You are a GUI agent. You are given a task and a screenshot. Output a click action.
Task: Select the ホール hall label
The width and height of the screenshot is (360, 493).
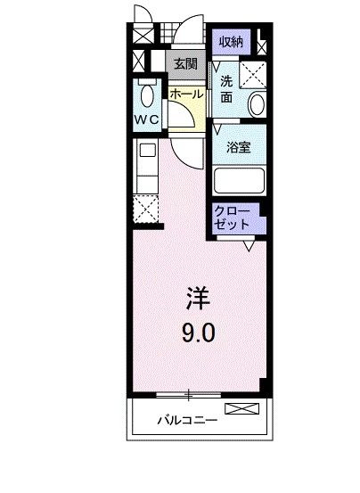186,93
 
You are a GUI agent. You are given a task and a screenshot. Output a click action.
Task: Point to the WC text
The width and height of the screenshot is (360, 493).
148,119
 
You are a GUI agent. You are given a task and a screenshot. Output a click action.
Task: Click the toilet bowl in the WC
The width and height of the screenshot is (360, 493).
149,94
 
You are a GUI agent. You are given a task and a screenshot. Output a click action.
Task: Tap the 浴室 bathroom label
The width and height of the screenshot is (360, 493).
238,146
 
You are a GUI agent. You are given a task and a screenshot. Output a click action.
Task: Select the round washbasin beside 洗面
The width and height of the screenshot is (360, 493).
257,104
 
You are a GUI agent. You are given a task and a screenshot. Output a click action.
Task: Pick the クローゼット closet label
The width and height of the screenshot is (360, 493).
233,218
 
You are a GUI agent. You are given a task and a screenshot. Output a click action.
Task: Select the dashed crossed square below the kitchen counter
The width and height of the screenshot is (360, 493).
146,210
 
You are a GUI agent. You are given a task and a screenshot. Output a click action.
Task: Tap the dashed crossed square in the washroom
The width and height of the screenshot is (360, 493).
257,71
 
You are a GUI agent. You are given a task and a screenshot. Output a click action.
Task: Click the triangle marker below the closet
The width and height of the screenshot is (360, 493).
250,243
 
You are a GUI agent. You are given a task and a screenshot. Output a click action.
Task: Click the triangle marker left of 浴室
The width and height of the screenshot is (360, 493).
217,130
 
